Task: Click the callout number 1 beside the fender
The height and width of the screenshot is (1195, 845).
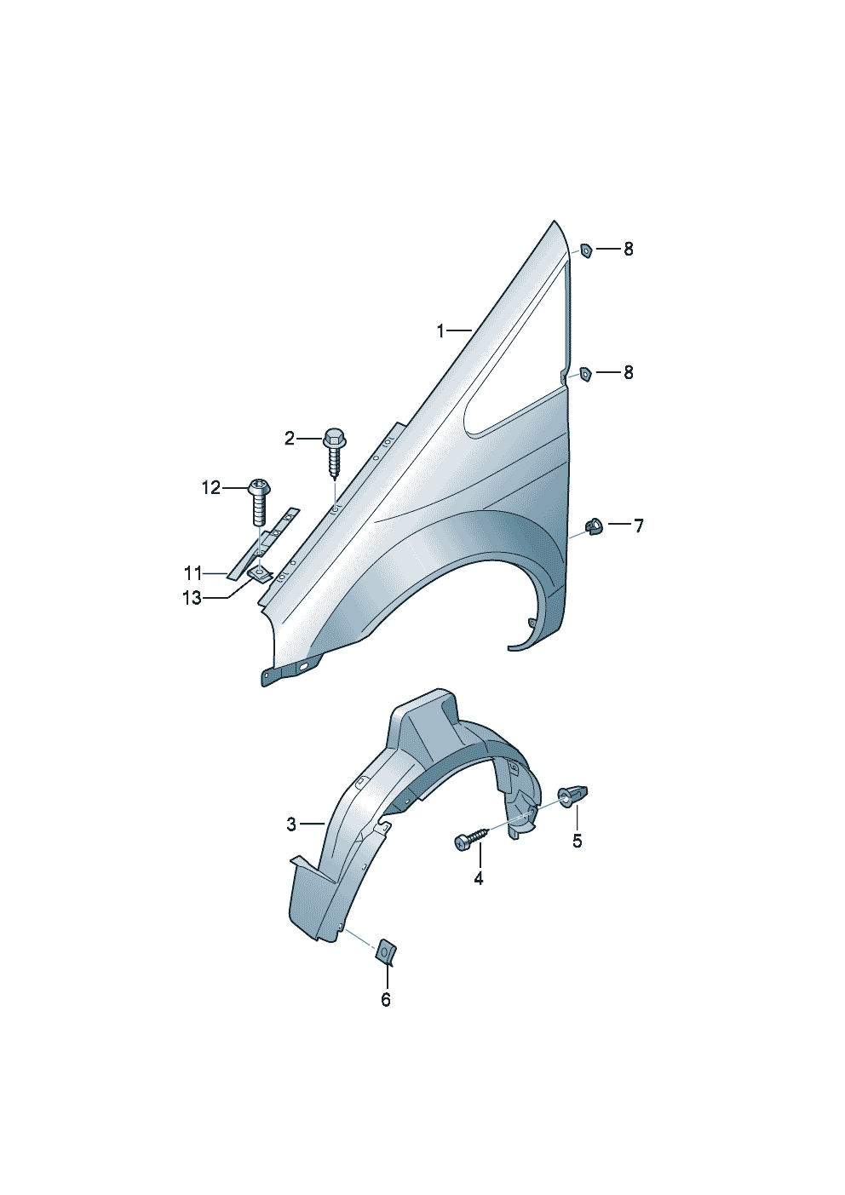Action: click(x=440, y=332)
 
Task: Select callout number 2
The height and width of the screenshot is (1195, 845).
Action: click(x=289, y=439)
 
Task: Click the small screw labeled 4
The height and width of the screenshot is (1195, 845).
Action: click(x=471, y=847)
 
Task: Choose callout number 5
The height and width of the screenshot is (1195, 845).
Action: click(x=578, y=842)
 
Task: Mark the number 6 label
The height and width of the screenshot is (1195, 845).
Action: click(x=386, y=1000)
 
